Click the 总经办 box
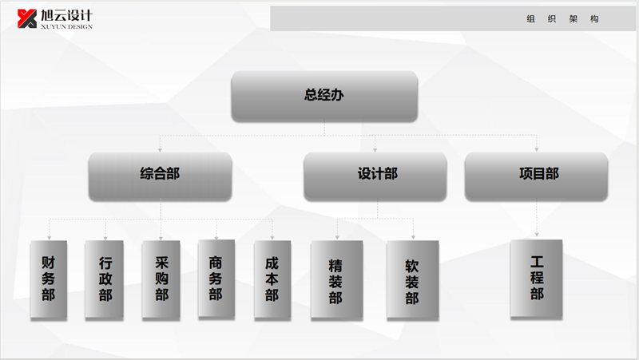[324, 96]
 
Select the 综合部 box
[160, 175]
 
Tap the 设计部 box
[375, 175]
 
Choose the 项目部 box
[537, 175]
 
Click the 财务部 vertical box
[49, 279]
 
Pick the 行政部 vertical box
[105, 279]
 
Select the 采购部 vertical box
[161, 279]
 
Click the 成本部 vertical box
[272, 279]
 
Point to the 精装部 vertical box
[335, 279]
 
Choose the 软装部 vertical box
[412, 279]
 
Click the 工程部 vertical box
[537, 278]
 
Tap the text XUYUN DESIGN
[67, 26]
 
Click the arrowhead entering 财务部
[50, 238]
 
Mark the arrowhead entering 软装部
[413, 238]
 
